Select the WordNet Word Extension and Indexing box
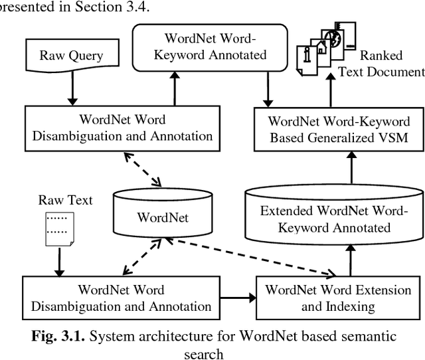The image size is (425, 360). click(x=337, y=298)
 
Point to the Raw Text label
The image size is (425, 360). click(x=65, y=199)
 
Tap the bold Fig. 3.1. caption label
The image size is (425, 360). click(x=58, y=336)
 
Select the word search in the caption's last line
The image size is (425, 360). click(x=203, y=352)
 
